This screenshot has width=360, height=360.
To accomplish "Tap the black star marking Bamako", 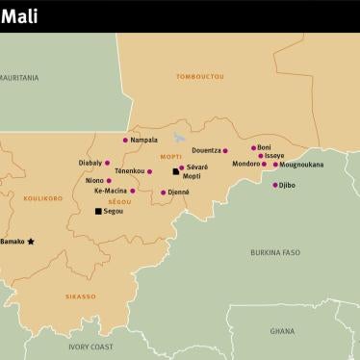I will [x=30, y=242].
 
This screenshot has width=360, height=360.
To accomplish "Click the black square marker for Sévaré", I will [x=175, y=170].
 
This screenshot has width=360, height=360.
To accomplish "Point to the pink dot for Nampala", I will [x=125, y=141].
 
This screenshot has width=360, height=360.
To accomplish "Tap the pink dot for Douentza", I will [x=225, y=151].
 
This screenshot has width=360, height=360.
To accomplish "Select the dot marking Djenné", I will [x=163, y=193].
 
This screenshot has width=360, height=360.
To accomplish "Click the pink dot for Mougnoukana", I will [x=276, y=165].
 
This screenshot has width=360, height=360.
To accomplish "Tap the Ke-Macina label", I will [x=110, y=191].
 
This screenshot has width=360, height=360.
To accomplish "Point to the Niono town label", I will [x=93, y=180].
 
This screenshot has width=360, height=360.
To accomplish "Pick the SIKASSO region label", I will [x=80, y=296].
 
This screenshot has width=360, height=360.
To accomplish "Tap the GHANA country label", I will [x=282, y=330].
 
